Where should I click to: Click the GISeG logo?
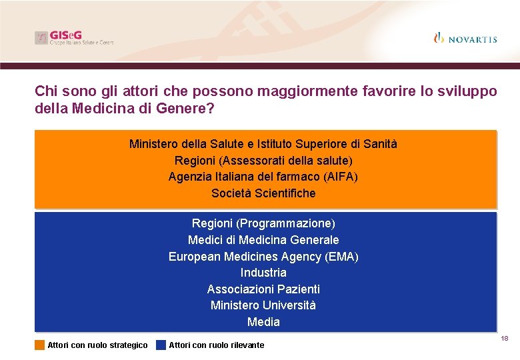click(74, 38)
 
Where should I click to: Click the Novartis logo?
click(465, 38)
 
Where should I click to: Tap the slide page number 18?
click(505, 339)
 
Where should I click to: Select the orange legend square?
click(40, 345)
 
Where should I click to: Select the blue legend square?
click(161, 345)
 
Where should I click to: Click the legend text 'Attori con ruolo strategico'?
click(97, 345)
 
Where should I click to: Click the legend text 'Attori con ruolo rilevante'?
click(217, 345)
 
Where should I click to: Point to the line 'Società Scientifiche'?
click(263, 193)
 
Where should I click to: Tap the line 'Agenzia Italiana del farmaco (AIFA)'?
click(263, 177)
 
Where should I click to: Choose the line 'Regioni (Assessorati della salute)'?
click(263, 160)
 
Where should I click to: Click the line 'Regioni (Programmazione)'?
click(263, 223)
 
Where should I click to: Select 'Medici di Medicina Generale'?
click(263, 239)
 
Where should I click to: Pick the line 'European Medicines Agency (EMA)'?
click(263, 256)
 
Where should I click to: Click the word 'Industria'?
click(263, 272)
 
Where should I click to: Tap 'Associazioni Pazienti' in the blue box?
click(263, 289)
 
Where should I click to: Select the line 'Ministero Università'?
click(263, 305)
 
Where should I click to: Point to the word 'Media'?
click(263, 322)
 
